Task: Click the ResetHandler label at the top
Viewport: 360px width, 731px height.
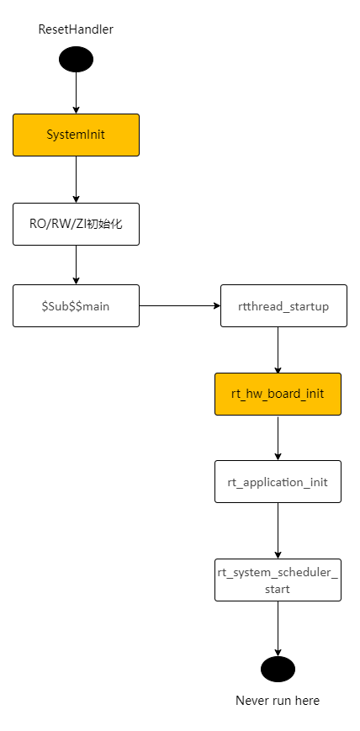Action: coord(76,29)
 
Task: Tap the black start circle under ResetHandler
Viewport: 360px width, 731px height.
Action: coord(76,60)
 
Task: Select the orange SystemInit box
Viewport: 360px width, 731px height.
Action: coord(76,135)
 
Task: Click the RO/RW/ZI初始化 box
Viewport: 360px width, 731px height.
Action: coord(76,224)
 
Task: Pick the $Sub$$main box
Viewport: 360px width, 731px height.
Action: coord(76,306)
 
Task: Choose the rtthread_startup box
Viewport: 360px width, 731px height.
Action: coord(283,306)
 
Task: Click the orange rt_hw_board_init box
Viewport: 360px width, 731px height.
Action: coord(278,394)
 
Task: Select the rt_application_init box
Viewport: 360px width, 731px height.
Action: coord(278,482)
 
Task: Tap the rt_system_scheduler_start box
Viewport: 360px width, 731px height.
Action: coord(278,580)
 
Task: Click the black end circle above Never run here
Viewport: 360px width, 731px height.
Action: coord(278,669)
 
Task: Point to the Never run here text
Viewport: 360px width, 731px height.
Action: coord(278,701)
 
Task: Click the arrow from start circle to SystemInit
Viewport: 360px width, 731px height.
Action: coord(76,93)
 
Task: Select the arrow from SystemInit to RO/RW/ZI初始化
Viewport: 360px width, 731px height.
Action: coord(76,179)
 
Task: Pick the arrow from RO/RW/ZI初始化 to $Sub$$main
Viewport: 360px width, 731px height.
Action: coord(76,265)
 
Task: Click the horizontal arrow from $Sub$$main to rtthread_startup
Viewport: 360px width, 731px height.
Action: coord(179,305)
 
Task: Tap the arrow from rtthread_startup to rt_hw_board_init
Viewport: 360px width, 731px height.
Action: coord(278,350)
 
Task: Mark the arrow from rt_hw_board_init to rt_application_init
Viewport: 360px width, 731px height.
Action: coord(278,437)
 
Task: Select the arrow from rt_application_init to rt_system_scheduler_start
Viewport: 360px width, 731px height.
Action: coord(278,531)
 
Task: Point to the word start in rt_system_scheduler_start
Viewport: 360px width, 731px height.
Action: coord(278,590)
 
